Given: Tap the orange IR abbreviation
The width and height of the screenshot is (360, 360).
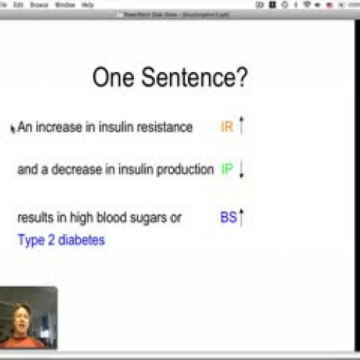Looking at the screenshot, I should (x=227, y=127).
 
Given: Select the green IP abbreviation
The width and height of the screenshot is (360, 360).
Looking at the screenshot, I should (x=228, y=170).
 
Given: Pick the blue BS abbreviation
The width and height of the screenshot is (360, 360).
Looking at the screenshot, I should (x=229, y=217).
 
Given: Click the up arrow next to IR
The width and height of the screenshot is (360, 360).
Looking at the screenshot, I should (x=242, y=127).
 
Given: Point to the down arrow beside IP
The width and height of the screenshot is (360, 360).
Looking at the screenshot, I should (x=242, y=171).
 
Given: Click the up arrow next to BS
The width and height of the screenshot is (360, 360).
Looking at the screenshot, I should (x=242, y=216).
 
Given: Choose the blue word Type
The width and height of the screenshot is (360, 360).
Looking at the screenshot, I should (x=30, y=240).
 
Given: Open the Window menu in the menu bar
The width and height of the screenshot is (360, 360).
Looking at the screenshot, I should (x=65, y=4).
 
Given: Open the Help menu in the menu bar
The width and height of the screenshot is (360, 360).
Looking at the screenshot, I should (x=88, y=4).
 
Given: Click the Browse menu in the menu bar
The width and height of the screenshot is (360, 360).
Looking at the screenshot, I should (x=39, y=4).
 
